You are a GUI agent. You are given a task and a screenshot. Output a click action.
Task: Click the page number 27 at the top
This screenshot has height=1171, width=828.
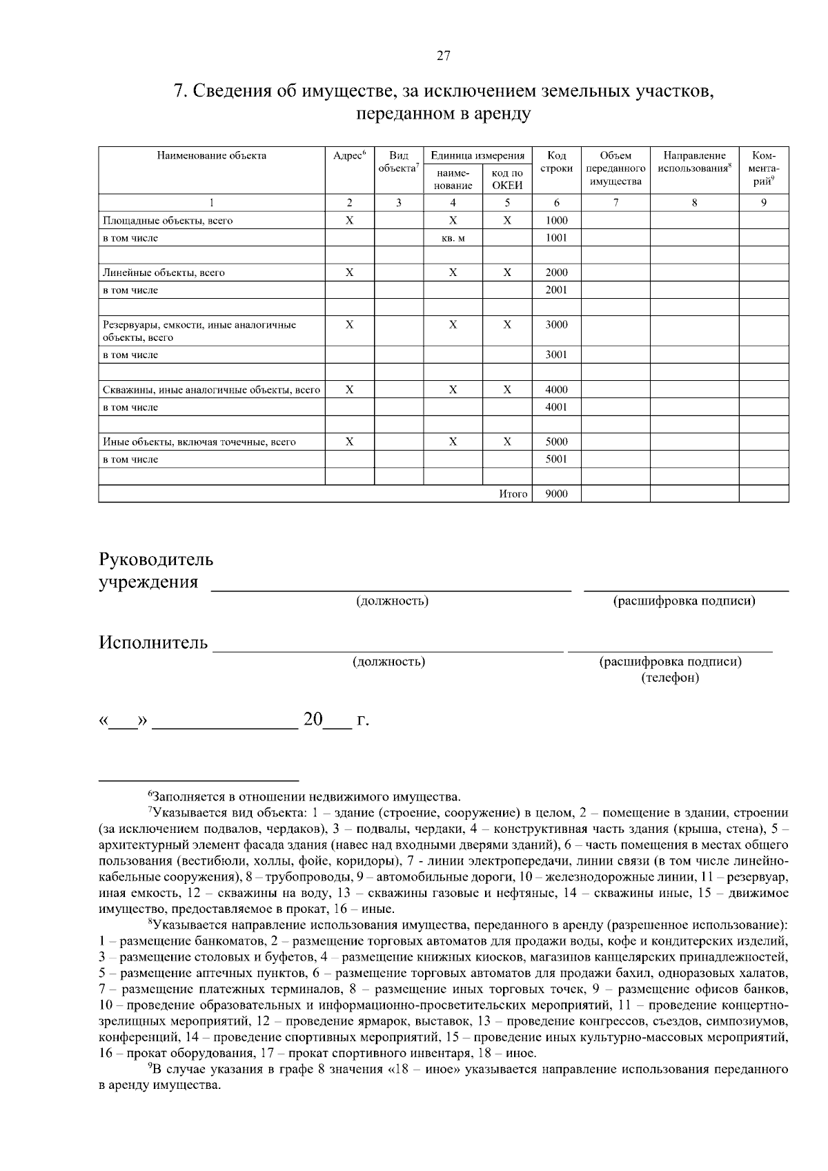click(444, 57)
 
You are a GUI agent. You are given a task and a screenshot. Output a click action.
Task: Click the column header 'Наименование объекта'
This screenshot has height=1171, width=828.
click(212, 156)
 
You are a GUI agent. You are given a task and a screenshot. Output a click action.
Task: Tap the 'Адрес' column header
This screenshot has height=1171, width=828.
click(349, 156)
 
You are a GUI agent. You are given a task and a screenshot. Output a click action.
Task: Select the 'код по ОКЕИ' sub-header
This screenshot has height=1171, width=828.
click(507, 179)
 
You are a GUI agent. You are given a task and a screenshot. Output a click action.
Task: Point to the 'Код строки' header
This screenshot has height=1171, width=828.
click(556, 162)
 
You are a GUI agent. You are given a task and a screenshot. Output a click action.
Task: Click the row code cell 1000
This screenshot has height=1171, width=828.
click(556, 221)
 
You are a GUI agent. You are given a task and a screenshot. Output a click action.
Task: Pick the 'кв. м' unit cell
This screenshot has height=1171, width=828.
click(453, 238)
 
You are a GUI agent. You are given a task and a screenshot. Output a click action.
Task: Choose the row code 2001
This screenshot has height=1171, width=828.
click(556, 290)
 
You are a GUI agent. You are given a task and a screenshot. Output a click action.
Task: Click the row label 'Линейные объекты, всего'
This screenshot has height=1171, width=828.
click(164, 273)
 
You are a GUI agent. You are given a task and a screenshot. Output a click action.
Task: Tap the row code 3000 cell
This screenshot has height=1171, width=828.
click(556, 324)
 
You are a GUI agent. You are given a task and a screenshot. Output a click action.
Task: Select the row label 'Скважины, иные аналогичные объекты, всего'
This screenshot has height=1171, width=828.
click(211, 390)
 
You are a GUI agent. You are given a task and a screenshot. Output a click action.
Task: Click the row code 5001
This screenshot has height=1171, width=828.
click(556, 459)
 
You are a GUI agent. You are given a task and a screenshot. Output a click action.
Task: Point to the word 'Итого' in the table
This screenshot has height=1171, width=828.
click(513, 494)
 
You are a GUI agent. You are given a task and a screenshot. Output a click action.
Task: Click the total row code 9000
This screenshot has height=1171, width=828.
click(556, 494)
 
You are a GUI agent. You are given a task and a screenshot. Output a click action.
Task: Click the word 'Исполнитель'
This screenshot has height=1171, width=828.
click(153, 643)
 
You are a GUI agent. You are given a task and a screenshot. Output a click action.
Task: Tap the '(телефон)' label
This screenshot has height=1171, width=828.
click(670, 678)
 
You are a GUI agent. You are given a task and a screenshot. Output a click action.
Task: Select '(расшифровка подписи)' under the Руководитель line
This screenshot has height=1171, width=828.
click(684, 601)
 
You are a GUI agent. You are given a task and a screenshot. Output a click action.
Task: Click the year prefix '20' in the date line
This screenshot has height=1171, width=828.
click(313, 720)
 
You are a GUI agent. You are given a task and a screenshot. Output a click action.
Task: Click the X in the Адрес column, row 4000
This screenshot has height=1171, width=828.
click(349, 390)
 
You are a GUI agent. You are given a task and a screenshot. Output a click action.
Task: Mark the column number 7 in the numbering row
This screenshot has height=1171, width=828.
click(615, 203)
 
